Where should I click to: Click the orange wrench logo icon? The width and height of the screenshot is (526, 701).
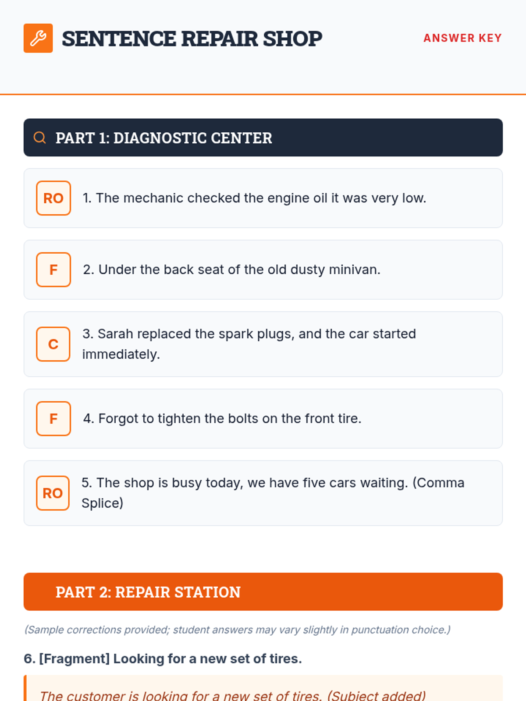(38, 38)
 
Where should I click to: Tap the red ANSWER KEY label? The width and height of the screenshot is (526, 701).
(462, 38)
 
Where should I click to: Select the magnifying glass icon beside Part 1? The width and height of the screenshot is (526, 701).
(39, 138)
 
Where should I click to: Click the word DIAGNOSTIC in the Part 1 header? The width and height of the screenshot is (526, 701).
(160, 138)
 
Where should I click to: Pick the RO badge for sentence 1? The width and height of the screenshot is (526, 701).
(53, 198)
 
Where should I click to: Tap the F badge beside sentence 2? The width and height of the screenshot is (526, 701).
(53, 269)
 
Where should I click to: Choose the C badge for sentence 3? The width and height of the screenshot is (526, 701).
(53, 344)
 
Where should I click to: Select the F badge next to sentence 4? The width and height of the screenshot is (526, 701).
(53, 418)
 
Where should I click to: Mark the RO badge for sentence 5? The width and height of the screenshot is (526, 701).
(53, 493)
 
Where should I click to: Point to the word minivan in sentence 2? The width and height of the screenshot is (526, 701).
(354, 269)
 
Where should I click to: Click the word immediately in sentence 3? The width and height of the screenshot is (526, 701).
(121, 354)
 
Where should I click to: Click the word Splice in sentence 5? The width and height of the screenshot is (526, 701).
(102, 503)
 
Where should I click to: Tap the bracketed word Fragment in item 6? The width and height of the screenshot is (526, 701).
(75, 659)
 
